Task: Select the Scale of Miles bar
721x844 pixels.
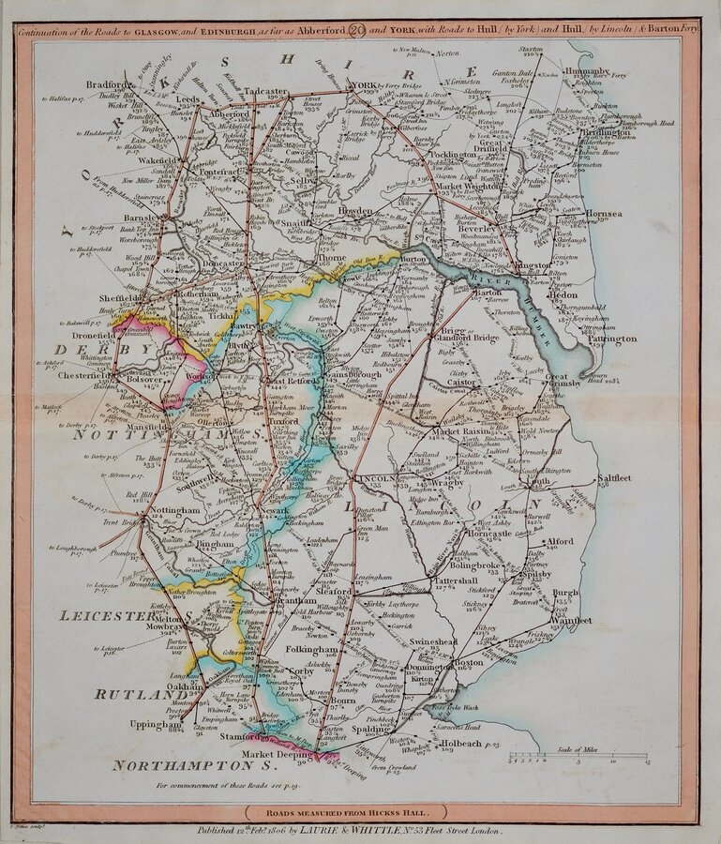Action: (548, 757)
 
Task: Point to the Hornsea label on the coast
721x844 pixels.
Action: (603, 214)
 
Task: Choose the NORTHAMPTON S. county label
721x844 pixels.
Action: (178, 765)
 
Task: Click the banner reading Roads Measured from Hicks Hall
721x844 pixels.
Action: (359, 813)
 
